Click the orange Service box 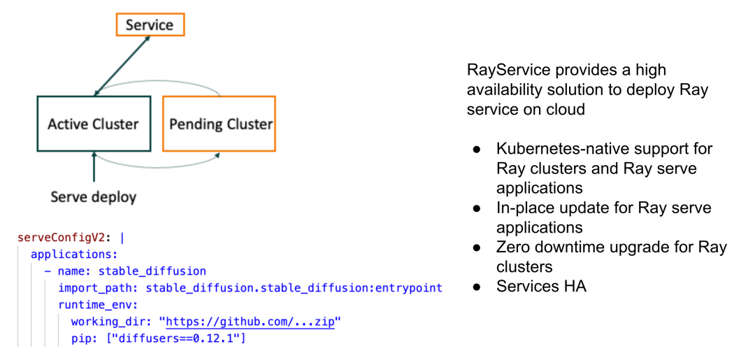point(149,25)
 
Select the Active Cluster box point(93,124)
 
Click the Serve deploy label point(93,197)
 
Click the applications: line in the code point(74,254)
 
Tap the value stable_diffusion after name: point(152,271)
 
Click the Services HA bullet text point(541,286)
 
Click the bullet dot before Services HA point(477,287)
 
